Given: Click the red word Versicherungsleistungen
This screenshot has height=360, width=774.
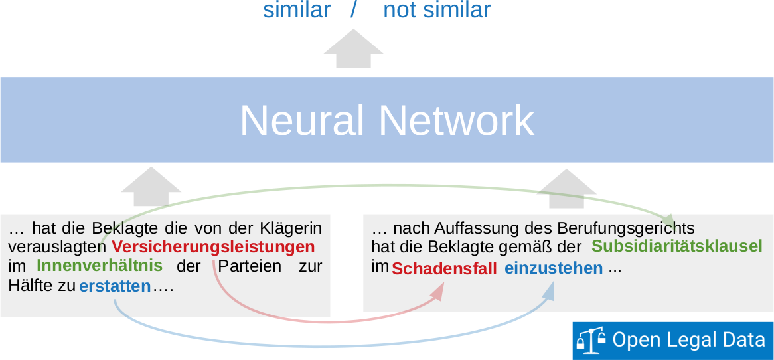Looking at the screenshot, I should pos(213,247).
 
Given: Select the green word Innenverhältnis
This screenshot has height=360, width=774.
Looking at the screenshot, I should pos(100,266).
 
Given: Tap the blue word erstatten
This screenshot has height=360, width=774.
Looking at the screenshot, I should pos(115,287).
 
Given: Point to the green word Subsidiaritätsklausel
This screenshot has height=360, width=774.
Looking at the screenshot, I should pos(676,246).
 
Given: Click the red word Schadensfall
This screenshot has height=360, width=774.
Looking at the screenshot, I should pos(444,269).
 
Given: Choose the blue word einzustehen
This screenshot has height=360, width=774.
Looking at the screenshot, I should pos(554,268).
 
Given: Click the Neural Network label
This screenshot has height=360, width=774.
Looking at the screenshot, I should pos(387,120).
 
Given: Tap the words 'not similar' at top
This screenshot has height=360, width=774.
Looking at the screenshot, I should pos(437,10).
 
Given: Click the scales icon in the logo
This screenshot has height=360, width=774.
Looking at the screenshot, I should pos(591,341).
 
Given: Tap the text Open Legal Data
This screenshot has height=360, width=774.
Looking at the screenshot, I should pos(688,340).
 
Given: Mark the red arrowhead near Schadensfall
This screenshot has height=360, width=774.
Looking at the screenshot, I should pos(437,292).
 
